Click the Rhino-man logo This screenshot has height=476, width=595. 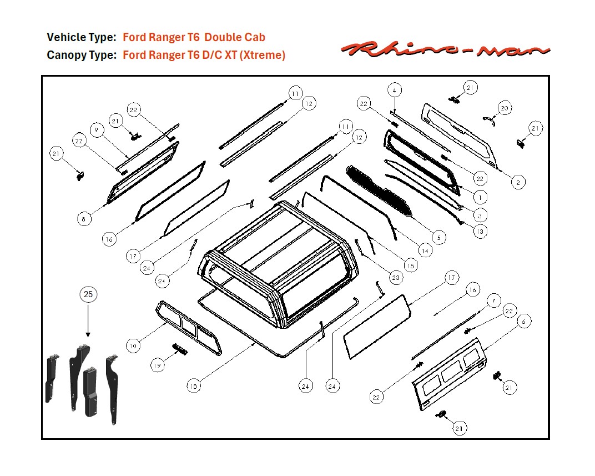445,50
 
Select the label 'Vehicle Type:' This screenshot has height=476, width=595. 82,37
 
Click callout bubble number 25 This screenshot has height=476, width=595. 88,295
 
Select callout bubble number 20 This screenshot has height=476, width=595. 504,108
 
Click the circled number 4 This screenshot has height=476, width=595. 394,90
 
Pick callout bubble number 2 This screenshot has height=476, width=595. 517,182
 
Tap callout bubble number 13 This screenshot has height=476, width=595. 480,231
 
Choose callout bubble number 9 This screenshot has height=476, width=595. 97,131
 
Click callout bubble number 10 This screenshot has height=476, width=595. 132,345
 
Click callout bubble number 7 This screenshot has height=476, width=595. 493,301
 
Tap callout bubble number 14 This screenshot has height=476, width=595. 425,250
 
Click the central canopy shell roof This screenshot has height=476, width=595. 278,244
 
